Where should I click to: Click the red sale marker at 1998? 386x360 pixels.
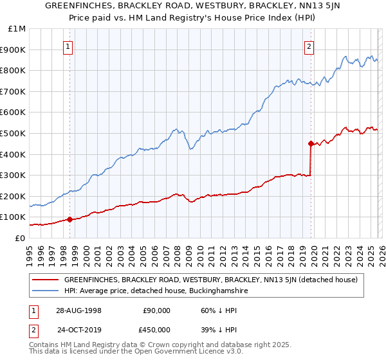pos(69,219)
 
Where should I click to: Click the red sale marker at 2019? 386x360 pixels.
pos(311,143)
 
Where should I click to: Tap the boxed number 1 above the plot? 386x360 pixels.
pos(68,46)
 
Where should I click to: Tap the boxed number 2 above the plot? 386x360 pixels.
pos(309,46)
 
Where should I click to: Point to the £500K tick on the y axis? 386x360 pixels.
pos(13,133)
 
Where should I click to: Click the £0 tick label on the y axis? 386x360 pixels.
pos(19,238)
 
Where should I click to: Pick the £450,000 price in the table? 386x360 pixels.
pos(157,329)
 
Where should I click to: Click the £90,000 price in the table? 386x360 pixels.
pos(157,310)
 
